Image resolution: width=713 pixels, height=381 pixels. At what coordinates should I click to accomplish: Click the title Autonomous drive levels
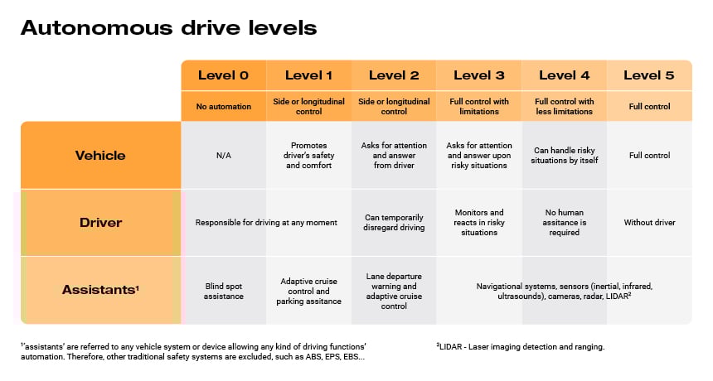click(168, 28)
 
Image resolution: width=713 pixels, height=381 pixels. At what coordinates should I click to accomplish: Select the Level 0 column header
click(223, 75)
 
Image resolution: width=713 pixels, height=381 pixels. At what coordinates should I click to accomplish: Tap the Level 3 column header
click(478, 75)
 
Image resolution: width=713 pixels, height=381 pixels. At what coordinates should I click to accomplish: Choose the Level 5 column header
click(648, 75)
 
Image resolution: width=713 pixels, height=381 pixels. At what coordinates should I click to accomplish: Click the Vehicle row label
click(100, 155)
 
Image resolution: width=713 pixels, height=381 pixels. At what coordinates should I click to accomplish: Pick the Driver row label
click(100, 222)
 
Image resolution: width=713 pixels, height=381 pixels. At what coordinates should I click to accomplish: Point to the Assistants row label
click(100, 290)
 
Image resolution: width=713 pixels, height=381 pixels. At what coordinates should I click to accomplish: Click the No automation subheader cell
click(223, 106)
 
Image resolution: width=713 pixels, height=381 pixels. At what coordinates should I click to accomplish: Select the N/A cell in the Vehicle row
click(223, 155)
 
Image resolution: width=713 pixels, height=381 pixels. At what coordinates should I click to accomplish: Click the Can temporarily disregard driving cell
click(394, 222)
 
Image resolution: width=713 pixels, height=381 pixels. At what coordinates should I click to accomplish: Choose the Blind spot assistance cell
click(223, 290)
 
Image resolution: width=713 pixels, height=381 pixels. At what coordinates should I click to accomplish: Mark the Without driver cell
click(648, 222)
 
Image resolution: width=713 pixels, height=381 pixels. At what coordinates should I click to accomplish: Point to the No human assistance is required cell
click(564, 222)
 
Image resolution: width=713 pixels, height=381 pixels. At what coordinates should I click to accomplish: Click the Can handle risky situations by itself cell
click(564, 155)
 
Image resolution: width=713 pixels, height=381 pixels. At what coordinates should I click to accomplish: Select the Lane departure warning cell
click(394, 291)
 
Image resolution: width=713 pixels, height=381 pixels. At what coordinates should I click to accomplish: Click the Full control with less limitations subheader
click(564, 106)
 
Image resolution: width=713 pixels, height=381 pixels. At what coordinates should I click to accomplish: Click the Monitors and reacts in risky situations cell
click(478, 222)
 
